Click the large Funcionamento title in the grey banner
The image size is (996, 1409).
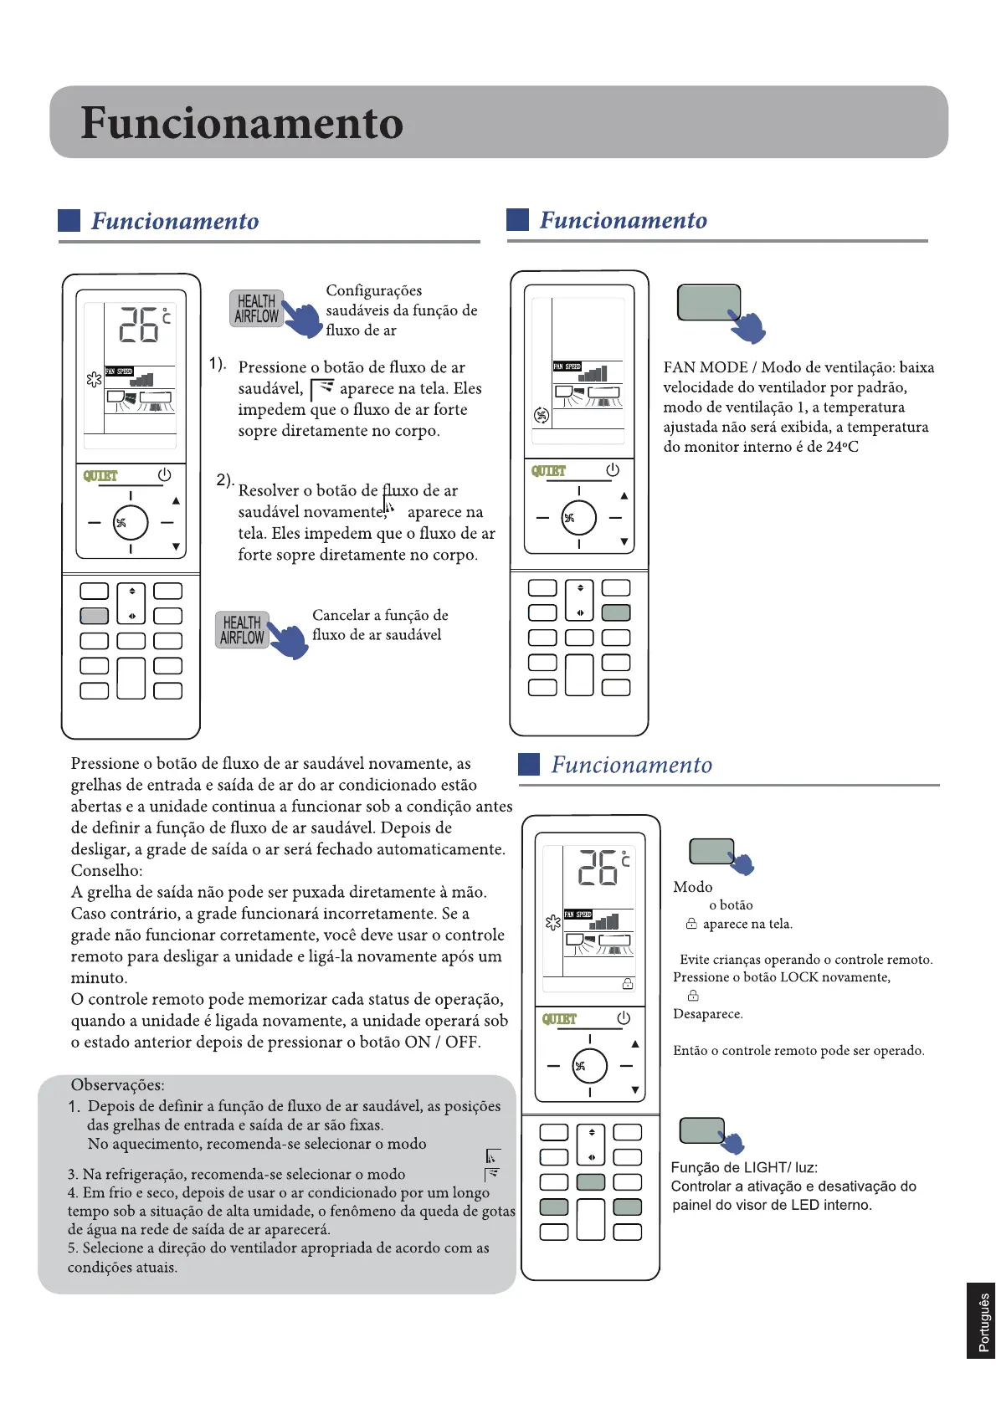[x=242, y=124]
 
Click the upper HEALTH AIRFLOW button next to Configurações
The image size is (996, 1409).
[x=256, y=309]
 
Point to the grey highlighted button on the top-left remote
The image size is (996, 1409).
[x=94, y=616]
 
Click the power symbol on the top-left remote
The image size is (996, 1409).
[x=164, y=474]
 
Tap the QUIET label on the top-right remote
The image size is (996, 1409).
[x=548, y=471]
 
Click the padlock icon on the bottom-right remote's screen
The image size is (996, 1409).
[x=628, y=984]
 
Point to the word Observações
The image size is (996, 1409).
[x=117, y=1085]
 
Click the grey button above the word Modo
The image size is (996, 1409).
[x=711, y=851]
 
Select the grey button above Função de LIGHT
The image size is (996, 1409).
[x=701, y=1130]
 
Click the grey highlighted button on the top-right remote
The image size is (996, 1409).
[x=616, y=612]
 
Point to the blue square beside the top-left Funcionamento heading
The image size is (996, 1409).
[x=69, y=220]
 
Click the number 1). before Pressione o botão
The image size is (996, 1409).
[x=218, y=364]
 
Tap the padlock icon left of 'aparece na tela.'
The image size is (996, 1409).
[x=691, y=924]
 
